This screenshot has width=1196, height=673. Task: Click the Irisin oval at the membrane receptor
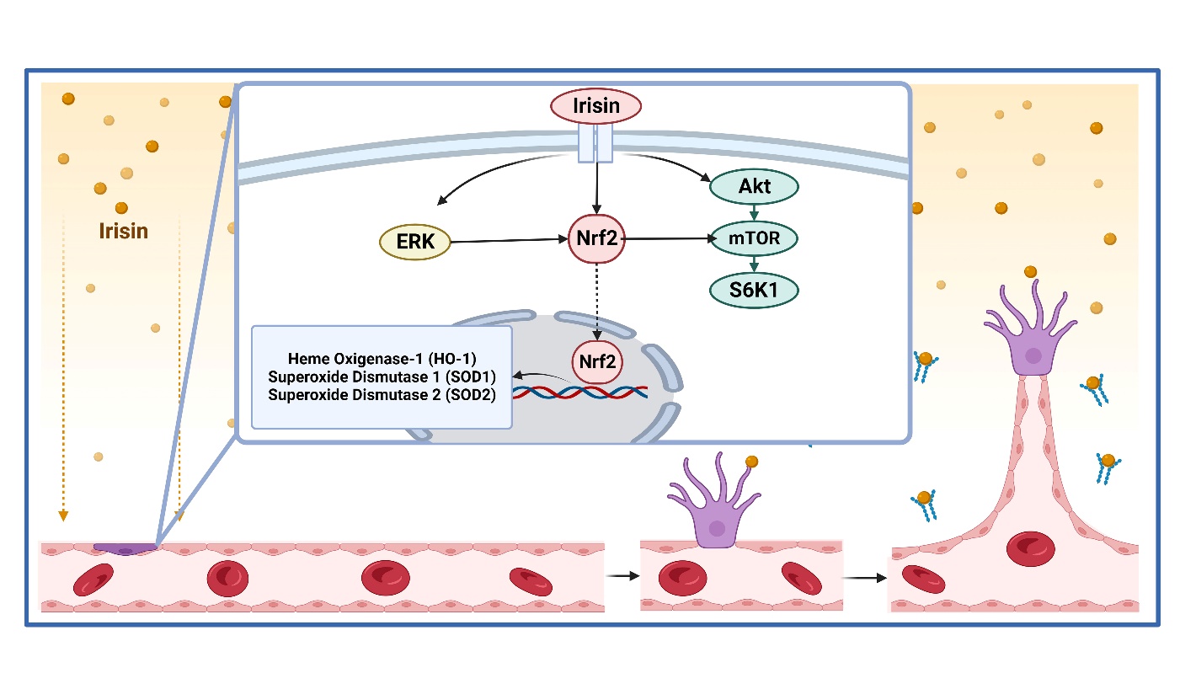(x=596, y=106)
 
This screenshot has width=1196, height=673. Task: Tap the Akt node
(x=752, y=186)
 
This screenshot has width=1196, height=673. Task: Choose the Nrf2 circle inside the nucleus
(x=596, y=361)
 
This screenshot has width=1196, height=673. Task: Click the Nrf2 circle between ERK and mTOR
(x=596, y=239)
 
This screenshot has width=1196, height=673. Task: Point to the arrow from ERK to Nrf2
(x=509, y=242)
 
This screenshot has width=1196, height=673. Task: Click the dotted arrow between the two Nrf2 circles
(x=596, y=299)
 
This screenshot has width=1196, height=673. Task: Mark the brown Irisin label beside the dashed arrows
(x=124, y=230)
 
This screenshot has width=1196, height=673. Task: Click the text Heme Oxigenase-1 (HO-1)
(x=382, y=360)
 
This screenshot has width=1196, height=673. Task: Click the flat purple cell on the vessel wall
(x=125, y=548)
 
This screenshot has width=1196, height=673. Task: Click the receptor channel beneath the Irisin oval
(x=596, y=144)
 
